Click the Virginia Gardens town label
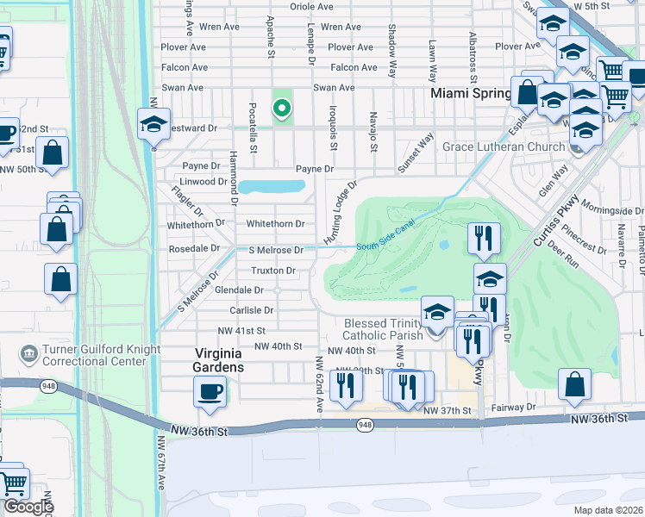click(x=207, y=359)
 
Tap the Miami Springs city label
click(x=472, y=92)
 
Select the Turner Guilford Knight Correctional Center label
click(x=84, y=355)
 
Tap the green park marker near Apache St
click(x=280, y=109)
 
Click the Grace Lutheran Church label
click(x=504, y=146)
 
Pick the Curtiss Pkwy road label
click(x=546, y=227)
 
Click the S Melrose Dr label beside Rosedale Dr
click(x=276, y=250)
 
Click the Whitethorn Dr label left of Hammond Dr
click(x=198, y=221)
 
